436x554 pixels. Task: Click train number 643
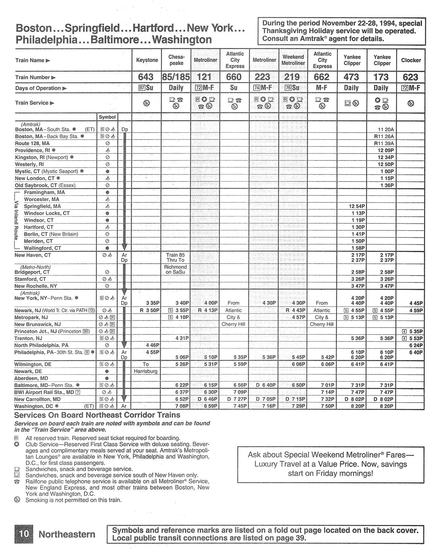(146, 77)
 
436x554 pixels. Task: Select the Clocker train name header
(411, 60)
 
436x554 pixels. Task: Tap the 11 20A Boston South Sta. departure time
(386, 130)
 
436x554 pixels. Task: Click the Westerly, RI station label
(29, 164)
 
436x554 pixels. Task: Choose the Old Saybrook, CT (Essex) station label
(45, 185)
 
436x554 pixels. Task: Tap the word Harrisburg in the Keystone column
(146, 371)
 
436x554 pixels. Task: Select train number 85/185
(176, 77)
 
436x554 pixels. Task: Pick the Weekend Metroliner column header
(293, 60)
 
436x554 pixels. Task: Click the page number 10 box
(24, 534)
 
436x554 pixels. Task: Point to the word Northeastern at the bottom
(67, 534)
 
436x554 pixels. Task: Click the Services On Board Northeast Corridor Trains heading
(97, 415)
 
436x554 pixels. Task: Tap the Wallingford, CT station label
(42, 248)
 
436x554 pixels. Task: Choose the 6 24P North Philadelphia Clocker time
(416, 345)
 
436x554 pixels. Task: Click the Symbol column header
(107, 117)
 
